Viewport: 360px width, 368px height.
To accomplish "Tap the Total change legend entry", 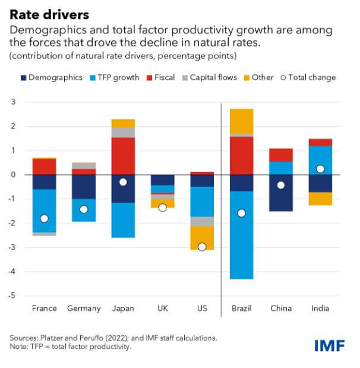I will pos(308,77).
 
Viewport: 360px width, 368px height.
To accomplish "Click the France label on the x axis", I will pos(45,308).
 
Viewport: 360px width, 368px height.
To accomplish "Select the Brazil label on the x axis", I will pos(242,308).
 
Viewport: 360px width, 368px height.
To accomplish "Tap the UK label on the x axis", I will pos(163,308).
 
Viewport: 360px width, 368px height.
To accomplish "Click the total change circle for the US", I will pos(202,247).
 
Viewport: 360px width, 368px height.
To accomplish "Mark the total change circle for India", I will pos(320,169).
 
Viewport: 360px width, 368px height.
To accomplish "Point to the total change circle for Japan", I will pos(123,182).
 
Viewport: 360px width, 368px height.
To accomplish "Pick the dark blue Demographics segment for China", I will pos(281,193).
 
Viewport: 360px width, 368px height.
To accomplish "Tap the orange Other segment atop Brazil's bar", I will pos(242,121).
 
